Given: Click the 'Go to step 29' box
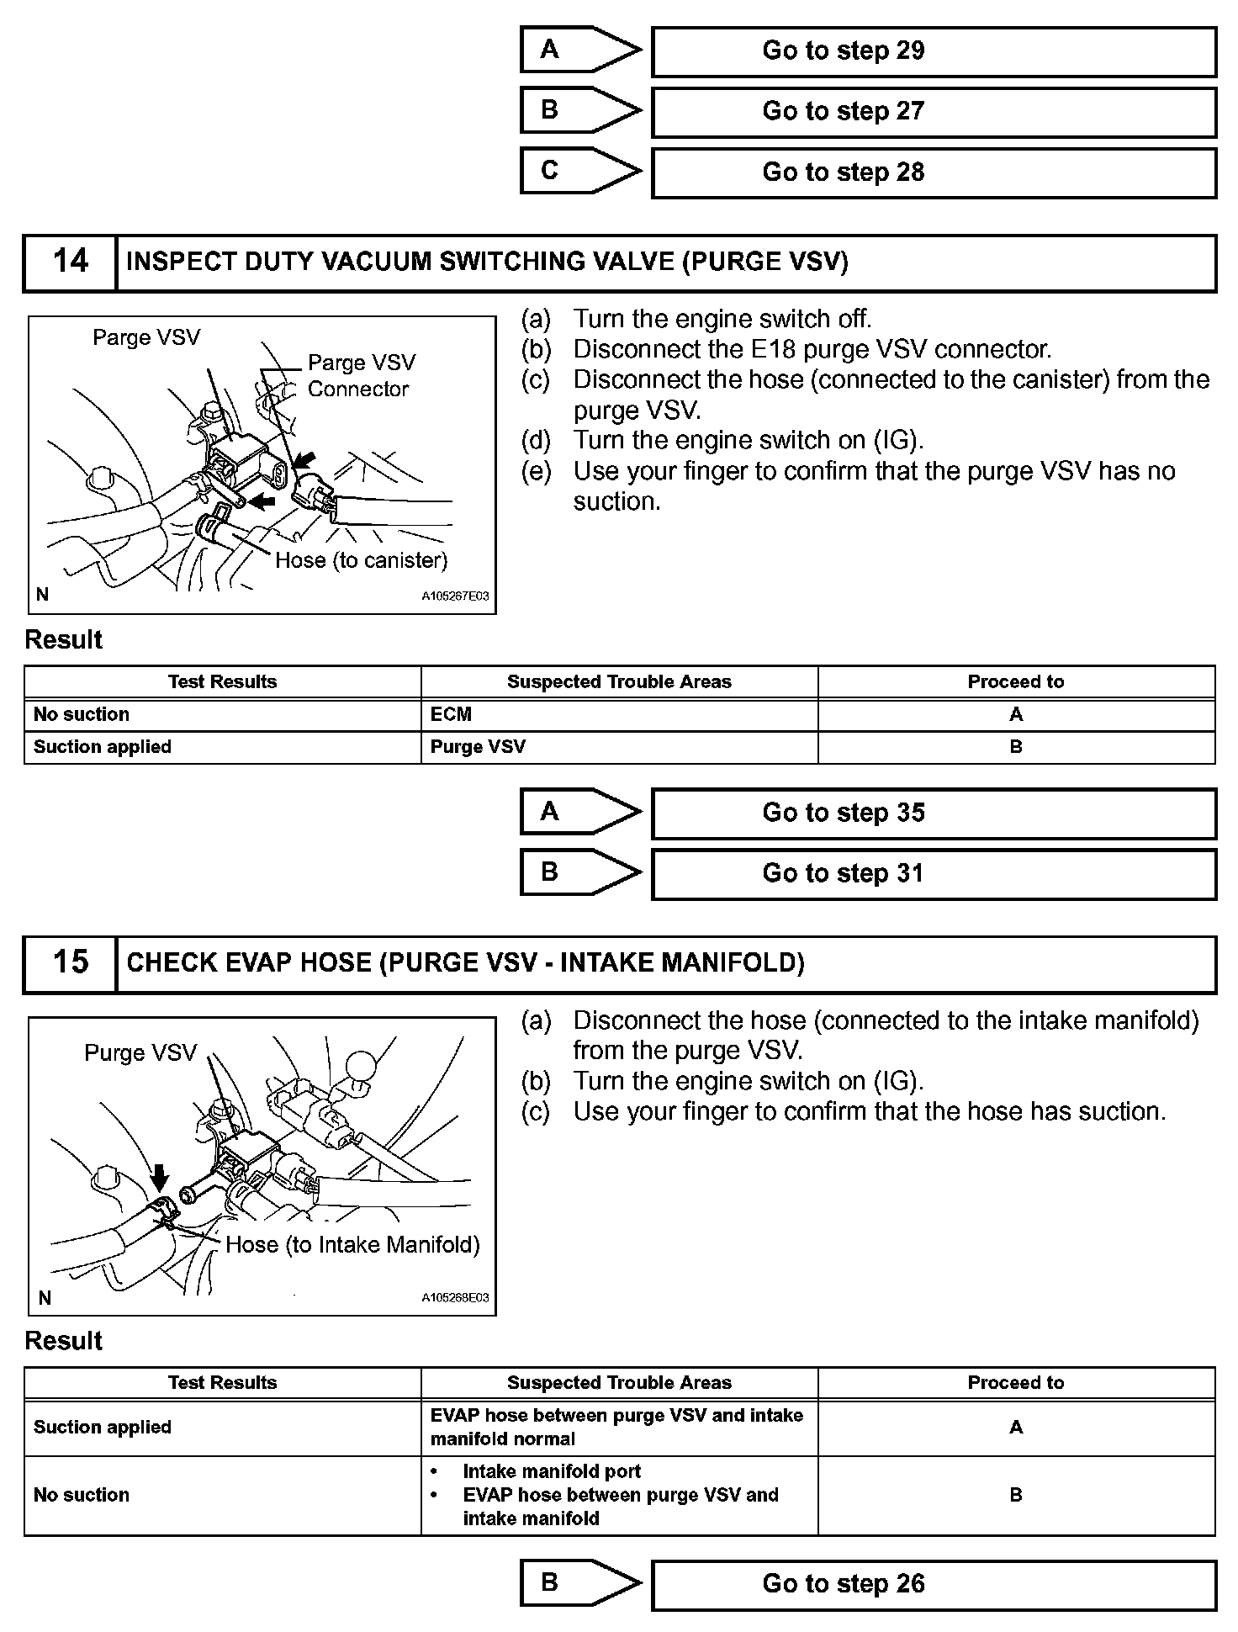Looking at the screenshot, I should pos(933,51).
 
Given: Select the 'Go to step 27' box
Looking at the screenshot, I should pos(933,112).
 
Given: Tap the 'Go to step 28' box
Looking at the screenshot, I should pos(933,172).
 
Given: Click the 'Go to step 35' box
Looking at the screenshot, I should pos(933,813).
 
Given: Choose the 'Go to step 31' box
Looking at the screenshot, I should pos(933,874).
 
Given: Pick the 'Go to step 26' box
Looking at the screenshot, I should pos(933,1585).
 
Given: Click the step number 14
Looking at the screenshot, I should pos(70,262).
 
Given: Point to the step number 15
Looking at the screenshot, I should pos(70,962).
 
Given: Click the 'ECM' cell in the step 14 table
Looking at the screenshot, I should pos(451,714).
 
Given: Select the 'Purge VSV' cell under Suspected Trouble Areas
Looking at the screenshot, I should pos(478,747).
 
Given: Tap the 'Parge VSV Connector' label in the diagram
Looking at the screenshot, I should pos(361,375).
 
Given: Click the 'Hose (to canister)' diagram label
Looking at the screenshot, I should pos(361,560).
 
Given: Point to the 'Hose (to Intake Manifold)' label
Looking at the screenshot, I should pos(352,1244).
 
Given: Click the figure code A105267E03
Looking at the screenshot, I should pos(455,596).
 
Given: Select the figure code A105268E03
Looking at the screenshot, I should pos(455,1297).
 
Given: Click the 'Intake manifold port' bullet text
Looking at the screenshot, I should pos(552,1471).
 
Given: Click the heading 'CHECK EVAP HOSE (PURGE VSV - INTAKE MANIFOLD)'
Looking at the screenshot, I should pos(465,962).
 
